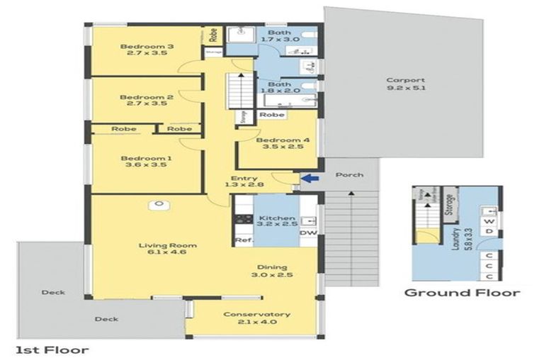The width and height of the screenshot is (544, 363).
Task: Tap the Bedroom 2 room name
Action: pyautogui.click(x=137, y=97)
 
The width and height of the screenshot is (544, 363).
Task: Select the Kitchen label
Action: pyautogui.click(x=273, y=217)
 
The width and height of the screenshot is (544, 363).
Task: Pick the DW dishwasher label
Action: pyautogui.click(x=308, y=233)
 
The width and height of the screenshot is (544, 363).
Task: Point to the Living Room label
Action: pyautogui.click(x=167, y=246)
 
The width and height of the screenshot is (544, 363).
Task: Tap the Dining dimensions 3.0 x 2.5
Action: pyautogui.click(x=275, y=274)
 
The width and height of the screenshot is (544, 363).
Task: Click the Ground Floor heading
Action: pyautogui.click(x=462, y=292)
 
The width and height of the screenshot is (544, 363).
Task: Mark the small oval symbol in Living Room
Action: pyautogui.click(x=160, y=206)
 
